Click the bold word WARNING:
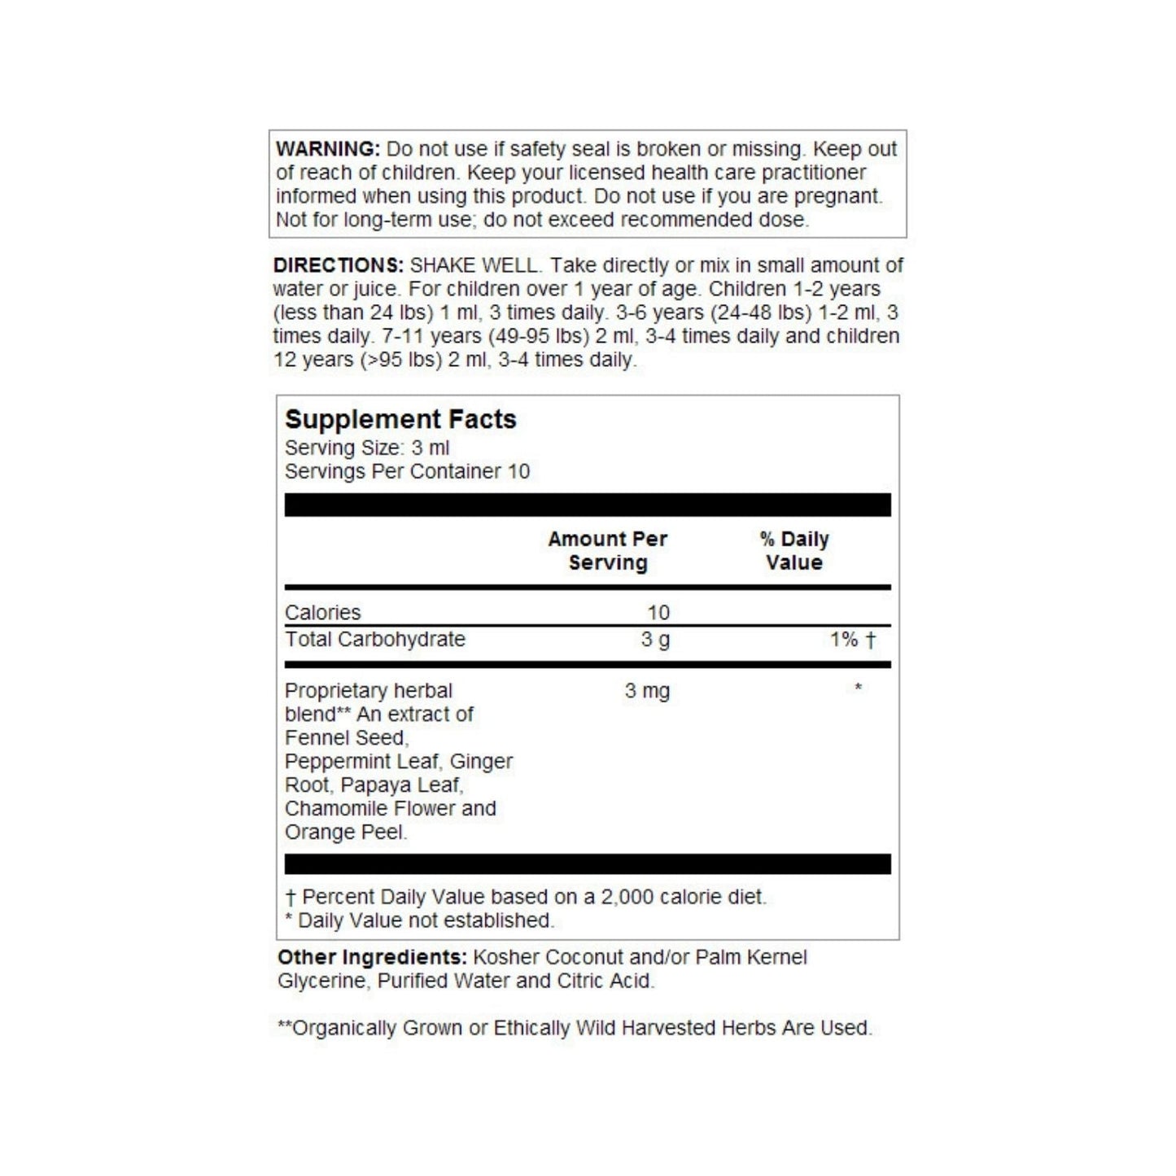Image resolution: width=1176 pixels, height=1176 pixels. point(327,150)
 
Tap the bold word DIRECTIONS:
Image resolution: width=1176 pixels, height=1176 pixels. point(338,265)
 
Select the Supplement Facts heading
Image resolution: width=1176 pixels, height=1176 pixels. point(400,419)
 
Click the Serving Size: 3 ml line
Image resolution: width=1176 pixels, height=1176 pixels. point(366,448)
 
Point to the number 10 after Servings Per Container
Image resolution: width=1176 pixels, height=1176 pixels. point(518,471)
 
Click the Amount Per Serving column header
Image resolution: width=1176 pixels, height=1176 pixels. point(607,551)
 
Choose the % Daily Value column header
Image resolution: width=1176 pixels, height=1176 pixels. point(793,551)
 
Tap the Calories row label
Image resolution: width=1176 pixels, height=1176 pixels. point(322,612)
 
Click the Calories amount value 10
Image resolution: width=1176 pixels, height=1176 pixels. point(658,612)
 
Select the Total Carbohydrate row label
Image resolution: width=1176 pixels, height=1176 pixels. point(374,639)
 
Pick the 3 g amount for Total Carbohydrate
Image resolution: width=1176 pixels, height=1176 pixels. point(655,639)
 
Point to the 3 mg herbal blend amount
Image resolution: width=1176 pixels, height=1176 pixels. point(647,691)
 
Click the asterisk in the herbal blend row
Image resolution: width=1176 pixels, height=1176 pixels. point(858,689)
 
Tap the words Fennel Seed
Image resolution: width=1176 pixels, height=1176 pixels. point(345,738)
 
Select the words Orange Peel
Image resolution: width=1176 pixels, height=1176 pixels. point(344,833)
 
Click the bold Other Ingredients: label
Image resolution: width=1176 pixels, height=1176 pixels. point(372,957)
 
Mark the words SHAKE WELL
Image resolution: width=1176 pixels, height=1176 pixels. point(474,265)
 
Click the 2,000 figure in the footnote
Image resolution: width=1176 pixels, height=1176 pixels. point(627,897)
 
